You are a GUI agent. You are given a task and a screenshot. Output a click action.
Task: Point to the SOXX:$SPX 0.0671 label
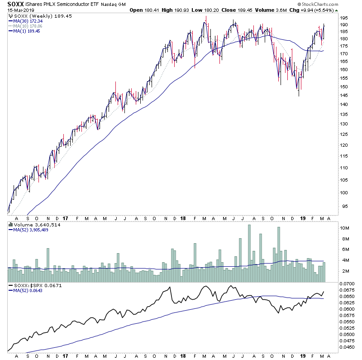pyautogui.click(x=33, y=286)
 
